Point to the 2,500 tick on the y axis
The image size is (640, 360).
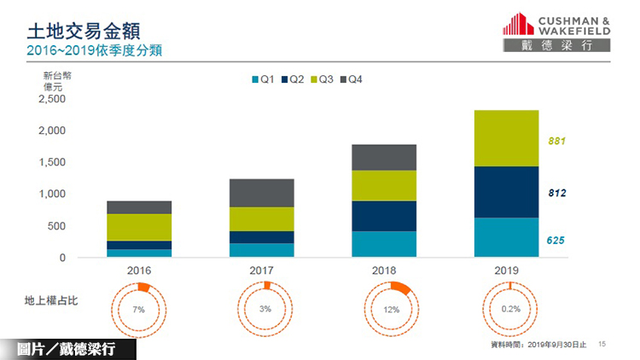tap(52, 99)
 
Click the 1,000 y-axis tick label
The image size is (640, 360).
tap(52, 195)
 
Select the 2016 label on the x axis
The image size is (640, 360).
tap(138, 270)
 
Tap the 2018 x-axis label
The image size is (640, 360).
tap(384, 270)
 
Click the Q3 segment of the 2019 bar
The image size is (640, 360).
tap(506, 138)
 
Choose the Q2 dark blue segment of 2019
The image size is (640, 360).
tap(506, 192)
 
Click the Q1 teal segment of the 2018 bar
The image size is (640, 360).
tap(383, 244)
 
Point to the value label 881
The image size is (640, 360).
tap(557, 141)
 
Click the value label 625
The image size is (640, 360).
tap(556, 241)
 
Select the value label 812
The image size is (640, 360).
tap(557, 193)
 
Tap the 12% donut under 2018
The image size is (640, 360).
tap(392, 309)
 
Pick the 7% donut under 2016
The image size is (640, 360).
tap(139, 309)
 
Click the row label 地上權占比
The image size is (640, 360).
tap(51, 300)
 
